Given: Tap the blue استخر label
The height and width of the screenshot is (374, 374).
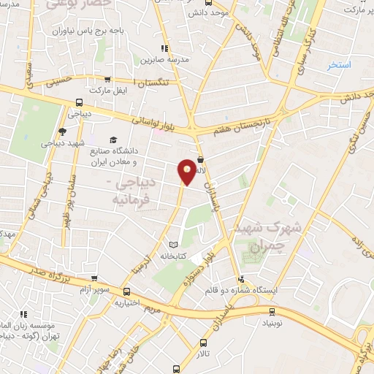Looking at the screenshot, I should point(340,65).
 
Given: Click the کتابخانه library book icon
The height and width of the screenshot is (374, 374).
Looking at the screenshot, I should point(172,244).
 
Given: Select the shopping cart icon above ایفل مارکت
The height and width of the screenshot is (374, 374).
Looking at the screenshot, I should point(107,80).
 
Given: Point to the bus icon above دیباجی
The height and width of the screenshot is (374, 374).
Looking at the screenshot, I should point(79,103).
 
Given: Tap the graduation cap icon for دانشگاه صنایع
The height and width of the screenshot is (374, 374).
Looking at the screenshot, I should point(112,140).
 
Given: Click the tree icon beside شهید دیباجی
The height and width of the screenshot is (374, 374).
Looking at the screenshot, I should point(62,131).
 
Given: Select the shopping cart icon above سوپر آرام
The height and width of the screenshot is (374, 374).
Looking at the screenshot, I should point(93,278).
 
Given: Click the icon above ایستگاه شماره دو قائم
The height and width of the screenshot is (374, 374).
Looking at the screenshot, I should point(241,278).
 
